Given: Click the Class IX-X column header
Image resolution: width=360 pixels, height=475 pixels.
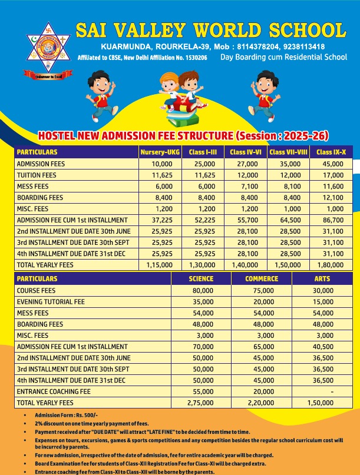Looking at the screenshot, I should tap(331, 152).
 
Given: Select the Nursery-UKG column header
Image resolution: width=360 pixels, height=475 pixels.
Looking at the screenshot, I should tap(159, 152).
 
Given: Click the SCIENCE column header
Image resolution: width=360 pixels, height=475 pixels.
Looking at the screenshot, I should tap(201, 278).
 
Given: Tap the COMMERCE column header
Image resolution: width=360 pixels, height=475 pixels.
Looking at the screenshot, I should tap(262, 278).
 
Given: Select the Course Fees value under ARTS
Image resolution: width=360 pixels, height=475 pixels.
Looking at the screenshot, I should tap(323, 291).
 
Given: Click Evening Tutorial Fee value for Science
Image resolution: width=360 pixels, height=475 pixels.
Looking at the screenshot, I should tap(203, 302).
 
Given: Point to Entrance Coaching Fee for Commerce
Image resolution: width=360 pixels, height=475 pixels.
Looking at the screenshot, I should tap(264, 391).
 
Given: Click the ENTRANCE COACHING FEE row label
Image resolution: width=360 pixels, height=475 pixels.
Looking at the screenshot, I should tap(54, 391).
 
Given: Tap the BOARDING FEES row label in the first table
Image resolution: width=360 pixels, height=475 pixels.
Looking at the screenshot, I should tap(39, 197).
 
